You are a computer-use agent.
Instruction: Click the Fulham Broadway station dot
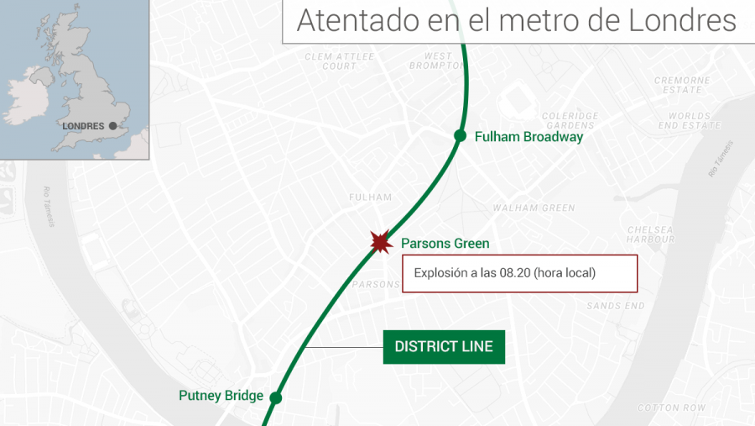460,136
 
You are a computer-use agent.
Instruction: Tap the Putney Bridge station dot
275,397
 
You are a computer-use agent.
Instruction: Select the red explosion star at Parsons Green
381,244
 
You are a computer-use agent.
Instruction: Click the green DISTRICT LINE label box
444,346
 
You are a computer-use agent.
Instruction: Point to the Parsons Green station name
445,244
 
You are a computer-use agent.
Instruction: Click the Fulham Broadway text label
528,137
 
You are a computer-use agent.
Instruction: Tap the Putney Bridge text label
221,396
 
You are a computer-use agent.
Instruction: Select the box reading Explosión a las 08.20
519,273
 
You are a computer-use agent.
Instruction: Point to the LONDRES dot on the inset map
112,126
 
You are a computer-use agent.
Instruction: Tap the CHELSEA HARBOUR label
650,234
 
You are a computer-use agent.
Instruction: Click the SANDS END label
616,306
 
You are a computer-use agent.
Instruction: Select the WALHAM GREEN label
534,208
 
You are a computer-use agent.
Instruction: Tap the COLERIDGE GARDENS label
570,120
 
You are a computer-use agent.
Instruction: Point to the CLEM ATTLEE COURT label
339,60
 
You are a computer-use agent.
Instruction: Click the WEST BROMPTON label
432,60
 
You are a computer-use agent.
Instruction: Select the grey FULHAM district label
370,197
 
